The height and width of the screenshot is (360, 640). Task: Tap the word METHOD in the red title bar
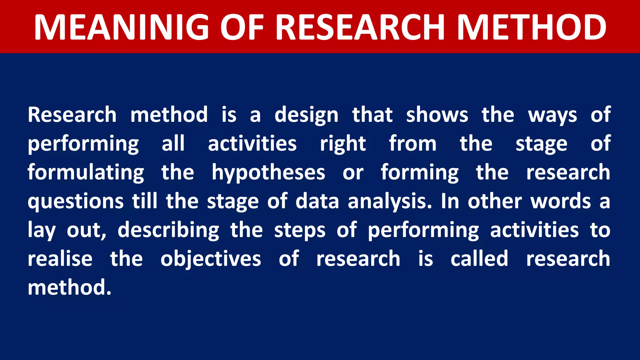point(531,27)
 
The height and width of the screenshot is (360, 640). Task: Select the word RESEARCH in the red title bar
point(360,27)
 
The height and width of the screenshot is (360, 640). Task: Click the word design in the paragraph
point(306,115)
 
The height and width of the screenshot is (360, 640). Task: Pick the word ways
point(552,115)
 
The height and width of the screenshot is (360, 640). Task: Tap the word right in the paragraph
point(343,144)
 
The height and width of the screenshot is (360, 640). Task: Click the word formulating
point(86,172)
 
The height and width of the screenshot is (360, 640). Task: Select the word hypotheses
point(268,172)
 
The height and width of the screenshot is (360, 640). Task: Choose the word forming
point(420,172)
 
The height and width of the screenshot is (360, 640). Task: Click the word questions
point(76,201)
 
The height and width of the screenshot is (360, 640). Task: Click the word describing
point(168,230)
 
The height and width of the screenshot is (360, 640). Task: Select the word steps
point(300,231)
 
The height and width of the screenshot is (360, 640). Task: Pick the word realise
point(60,259)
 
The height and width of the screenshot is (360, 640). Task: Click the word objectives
point(211,259)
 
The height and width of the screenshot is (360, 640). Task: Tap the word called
point(479,259)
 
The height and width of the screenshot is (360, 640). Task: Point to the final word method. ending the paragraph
point(69,287)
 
